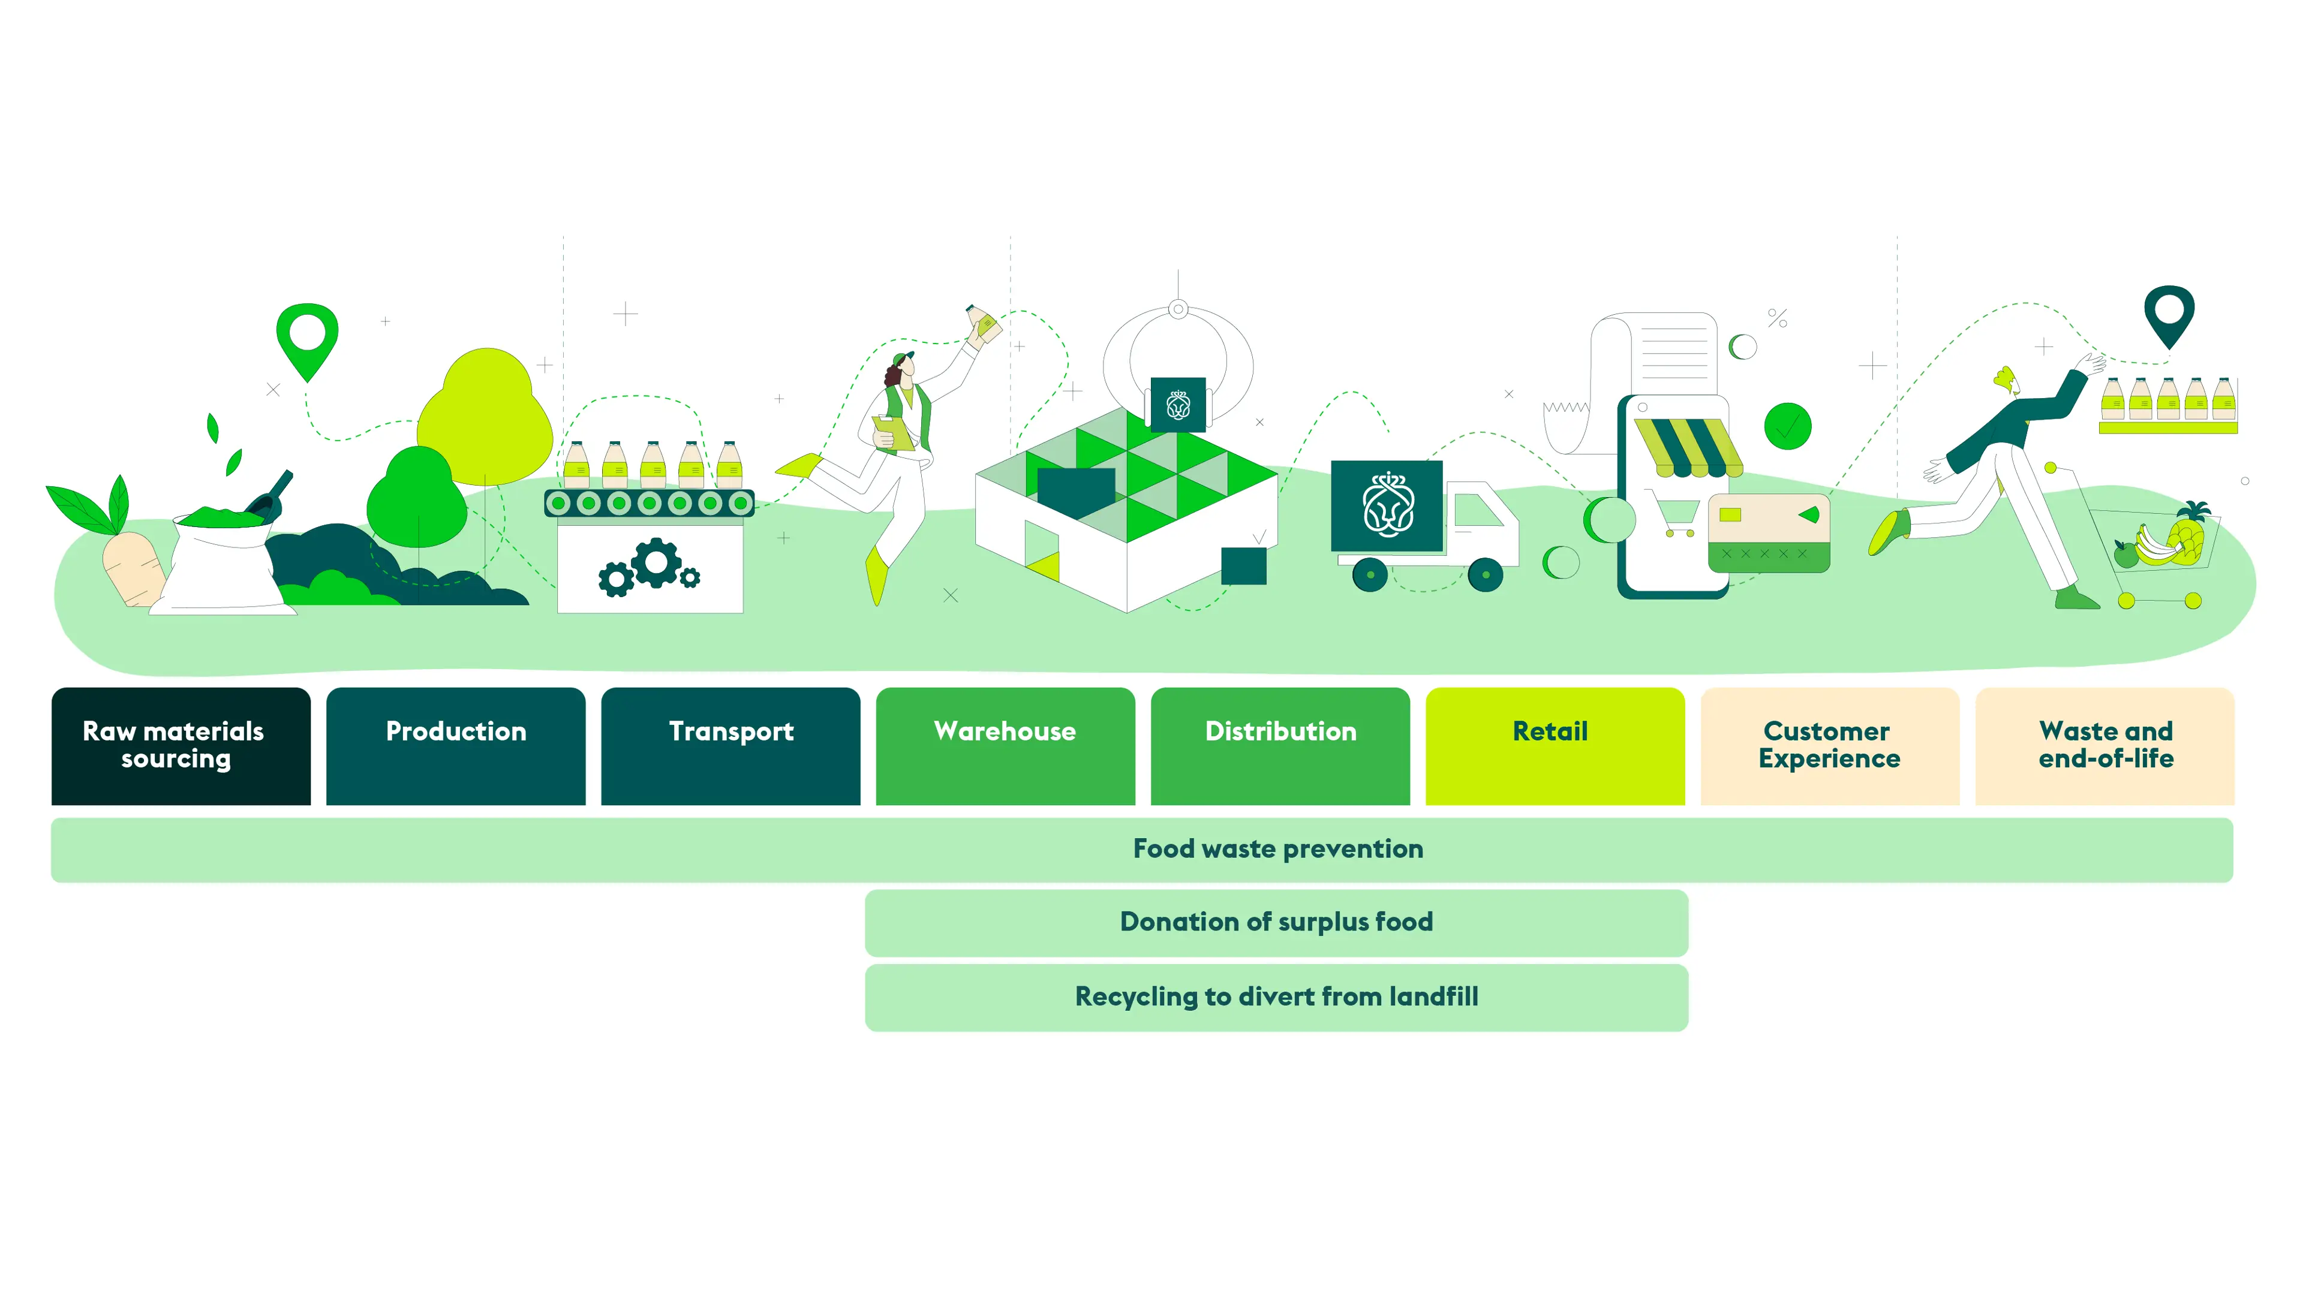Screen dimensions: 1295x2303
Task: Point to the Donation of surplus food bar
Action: (1276, 922)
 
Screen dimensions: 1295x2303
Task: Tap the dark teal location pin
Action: (2169, 314)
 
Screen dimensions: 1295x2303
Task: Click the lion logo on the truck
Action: (1388, 506)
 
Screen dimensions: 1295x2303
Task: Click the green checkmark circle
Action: (1787, 426)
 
